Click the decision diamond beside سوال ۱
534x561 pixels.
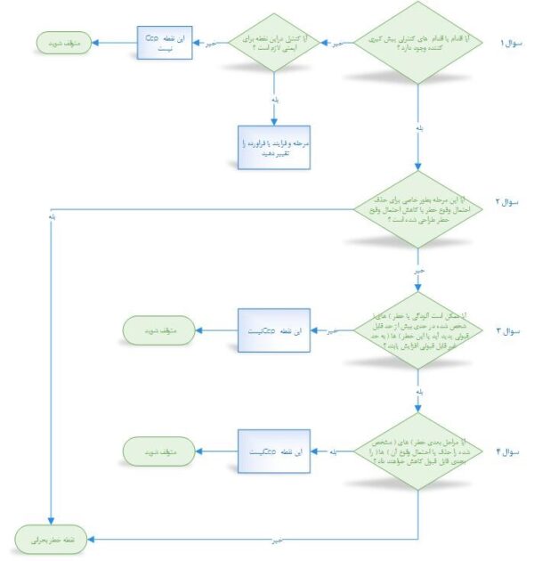point(419,43)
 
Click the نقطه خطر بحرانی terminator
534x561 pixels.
point(55,539)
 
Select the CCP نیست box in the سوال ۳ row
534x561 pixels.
point(273,330)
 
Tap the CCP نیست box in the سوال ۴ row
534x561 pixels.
point(273,453)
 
